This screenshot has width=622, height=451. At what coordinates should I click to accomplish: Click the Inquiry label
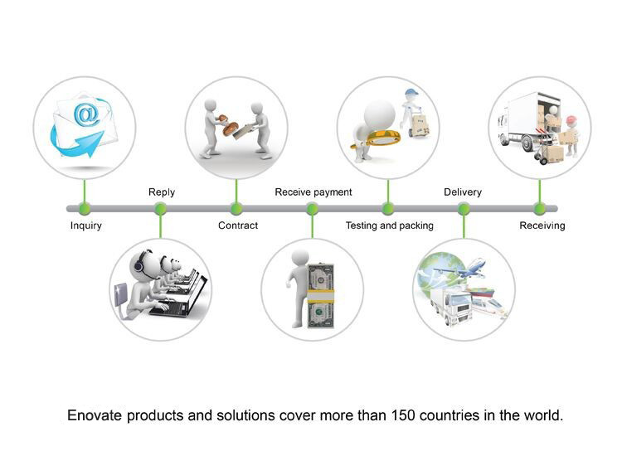pyautogui.click(x=86, y=225)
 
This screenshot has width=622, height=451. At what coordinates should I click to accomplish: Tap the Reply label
pyautogui.click(x=162, y=192)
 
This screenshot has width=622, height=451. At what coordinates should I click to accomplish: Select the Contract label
pyautogui.click(x=238, y=225)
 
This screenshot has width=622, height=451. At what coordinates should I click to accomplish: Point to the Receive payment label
pyautogui.click(x=313, y=192)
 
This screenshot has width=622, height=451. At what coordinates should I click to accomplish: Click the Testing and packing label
pyautogui.click(x=390, y=225)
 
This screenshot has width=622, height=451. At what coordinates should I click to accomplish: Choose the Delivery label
pyautogui.click(x=463, y=192)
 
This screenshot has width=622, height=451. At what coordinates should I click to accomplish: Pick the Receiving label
pyautogui.click(x=542, y=225)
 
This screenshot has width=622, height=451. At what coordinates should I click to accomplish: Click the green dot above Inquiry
pyautogui.click(x=85, y=208)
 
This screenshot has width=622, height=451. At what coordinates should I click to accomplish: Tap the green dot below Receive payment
pyautogui.click(x=312, y=208)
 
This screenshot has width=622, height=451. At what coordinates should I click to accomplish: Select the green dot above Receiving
pyautogui.click(x=540, y=208)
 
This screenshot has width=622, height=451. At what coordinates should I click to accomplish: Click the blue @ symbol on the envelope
pyautogui.click(x=86, y=114)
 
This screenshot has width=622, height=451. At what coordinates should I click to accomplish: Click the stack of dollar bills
pyautogui.click(x=320, y=295)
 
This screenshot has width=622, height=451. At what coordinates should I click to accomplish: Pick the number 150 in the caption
pyautogui.click(x=403, y=415)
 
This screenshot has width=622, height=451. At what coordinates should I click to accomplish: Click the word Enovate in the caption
pyautogui.click(x=95, y=415)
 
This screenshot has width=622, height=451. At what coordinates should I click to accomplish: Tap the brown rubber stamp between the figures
pyautogui.click(x=229, y=126)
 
